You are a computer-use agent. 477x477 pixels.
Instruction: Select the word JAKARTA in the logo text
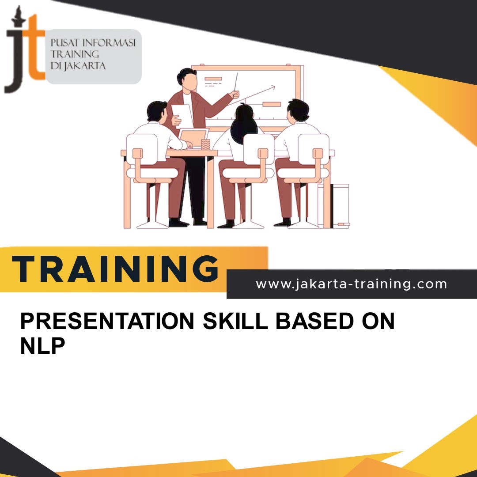pyautogui.click(x=87, y=67)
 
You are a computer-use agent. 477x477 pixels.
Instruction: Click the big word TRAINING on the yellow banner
pyautogui.click(x=116, y=269)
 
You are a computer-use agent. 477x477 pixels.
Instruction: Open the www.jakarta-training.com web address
pyautogui.click(x=351, y=284)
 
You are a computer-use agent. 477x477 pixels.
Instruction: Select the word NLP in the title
pyautogui.click(x=42, y=346)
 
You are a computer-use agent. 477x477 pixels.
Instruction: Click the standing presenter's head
pyautogui.click(x=187, y=79)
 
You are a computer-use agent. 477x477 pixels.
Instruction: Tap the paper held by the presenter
pyautogui.click(x=182, y=116)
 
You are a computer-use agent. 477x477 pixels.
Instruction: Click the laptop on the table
pyautogui.click(x=193, y=138)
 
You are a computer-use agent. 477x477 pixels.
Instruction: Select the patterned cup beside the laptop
pyautogui.click(x=205, y=144)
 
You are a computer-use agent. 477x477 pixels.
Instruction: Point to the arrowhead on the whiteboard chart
pyautogui.click(x=273, y=87)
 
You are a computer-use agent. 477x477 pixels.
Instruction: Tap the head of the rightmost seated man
pyautogui.click(x=298, y=110)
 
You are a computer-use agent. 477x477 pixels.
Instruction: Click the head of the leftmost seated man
pyautogui.click(x=157, y=111)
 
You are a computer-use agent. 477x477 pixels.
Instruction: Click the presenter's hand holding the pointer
pyautogui.click(x=235, y=94)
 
